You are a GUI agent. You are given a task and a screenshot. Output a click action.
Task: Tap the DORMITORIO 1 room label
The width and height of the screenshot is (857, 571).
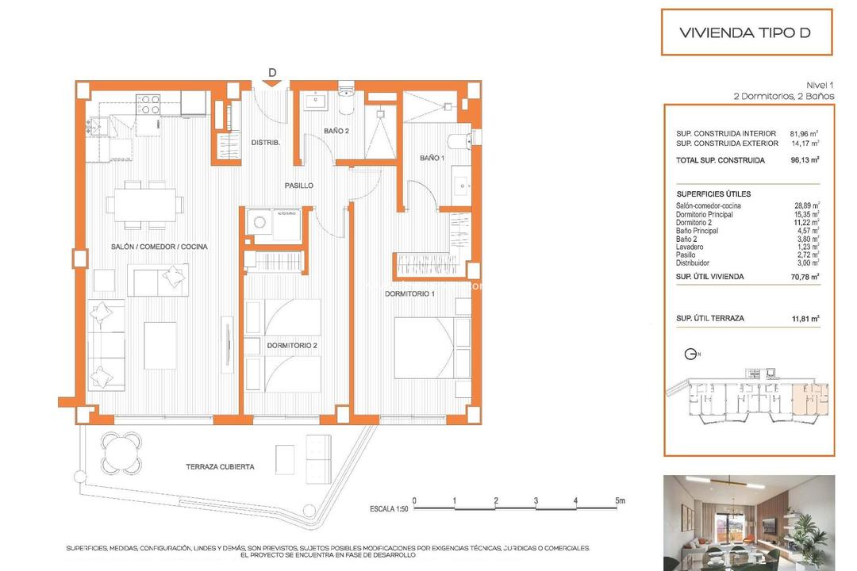pos(410,294)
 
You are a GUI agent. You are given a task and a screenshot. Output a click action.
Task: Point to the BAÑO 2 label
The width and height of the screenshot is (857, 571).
pos(336,131)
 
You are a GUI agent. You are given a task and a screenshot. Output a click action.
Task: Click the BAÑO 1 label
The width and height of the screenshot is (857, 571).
pos(431,159)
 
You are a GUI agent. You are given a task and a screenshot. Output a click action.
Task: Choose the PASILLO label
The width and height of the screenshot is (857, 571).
pos(299,186)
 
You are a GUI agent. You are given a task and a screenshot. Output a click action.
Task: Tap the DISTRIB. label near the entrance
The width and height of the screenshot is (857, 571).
pos(264,143)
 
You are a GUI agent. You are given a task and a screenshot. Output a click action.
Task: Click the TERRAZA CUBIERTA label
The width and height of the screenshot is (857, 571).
pos(220,467)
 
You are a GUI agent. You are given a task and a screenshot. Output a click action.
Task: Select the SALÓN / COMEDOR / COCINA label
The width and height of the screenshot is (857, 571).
pos(159,247)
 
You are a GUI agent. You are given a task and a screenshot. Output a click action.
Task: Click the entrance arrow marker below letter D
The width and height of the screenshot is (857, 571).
pos(271,83)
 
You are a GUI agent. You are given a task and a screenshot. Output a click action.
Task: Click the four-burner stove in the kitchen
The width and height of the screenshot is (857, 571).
pos(148,103)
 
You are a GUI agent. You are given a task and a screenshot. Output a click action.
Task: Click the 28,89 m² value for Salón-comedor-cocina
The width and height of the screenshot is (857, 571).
pos(805,205)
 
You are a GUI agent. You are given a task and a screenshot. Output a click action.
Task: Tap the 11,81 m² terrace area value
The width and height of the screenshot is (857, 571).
pos(805,318)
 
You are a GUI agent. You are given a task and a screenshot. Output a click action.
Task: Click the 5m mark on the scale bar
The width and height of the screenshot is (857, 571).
pos(619,501)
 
